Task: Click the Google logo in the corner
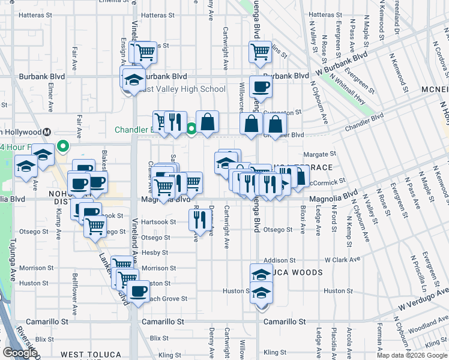pos(20,353)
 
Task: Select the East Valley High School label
pos(184,89)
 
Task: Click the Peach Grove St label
pos(168,298)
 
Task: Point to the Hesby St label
pos(155,253)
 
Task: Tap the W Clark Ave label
pos(342,260)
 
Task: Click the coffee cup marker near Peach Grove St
pos(139,291)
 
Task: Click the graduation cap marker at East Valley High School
pos(133,78)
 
